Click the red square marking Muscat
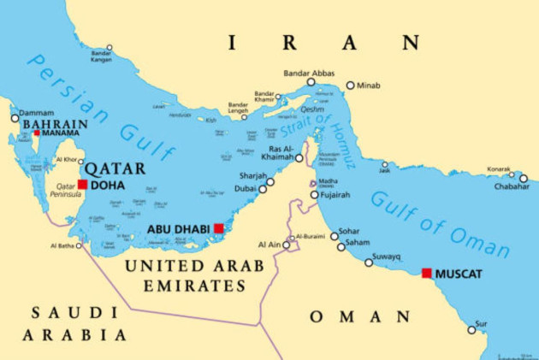click(x=427, y=274)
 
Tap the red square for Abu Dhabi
click(x=219, y=228)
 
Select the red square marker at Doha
click(x=82, y=185)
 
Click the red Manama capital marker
click(x=37, y=133)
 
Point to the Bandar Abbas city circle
click(x=311, y=82)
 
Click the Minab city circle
click(x=350, y=86)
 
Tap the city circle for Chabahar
click(x=524, y=179)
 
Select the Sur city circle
click(x=471, y=329)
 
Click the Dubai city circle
click(x=263, y=189)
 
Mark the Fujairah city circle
click(x=312, y=195)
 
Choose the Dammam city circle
click(x=15, y=117)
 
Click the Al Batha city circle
click(x=79, y=245)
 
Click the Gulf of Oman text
click(x=440, y=224)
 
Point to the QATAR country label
click(x=115, y=168)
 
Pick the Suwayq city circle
click(x=369, y=263)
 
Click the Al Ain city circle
click(x=287, y=245)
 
